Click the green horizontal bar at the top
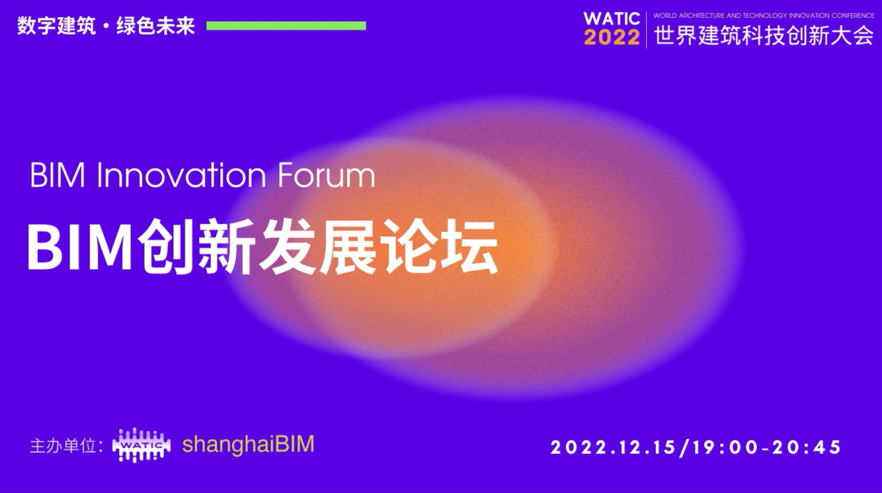(286, 25)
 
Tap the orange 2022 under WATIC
(612, 38)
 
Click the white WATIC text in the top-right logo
(612, 19)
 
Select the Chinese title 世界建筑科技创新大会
(764, 35)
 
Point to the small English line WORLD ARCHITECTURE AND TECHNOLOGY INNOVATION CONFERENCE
(764, 16)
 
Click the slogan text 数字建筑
(56, 26)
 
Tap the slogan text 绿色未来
(155, 26)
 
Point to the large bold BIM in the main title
(78, 249)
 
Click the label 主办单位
(63, 446)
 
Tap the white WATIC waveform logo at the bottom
(141, 445)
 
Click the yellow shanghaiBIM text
(248, 444)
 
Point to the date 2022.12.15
(613, 447)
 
